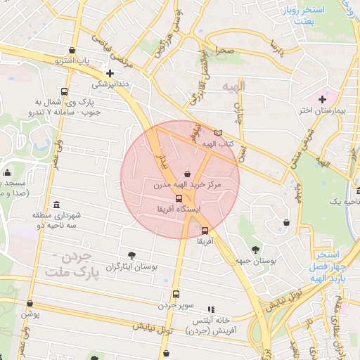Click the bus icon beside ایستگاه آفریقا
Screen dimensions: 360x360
(x=179, y=199)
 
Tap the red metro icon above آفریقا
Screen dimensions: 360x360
(x=205, y=231)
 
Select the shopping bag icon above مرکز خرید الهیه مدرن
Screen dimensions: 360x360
(x=186, y=174)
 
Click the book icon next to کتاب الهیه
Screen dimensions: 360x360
(x=218, y=133)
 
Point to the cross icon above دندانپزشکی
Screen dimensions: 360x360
(x=110, y=72)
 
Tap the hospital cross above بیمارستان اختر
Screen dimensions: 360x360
(x=323, y=100)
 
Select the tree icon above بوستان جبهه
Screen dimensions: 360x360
(x=255, y=250)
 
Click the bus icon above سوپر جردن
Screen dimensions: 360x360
(x=176, y=295)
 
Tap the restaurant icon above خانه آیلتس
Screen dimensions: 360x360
(x=210, y=309)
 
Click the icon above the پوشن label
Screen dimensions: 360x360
(x=30, y=304)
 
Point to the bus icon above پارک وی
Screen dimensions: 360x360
(x=65, y=92)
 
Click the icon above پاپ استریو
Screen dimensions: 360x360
(x=73, y=50)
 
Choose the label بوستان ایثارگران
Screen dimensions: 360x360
(x=131, y=267)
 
